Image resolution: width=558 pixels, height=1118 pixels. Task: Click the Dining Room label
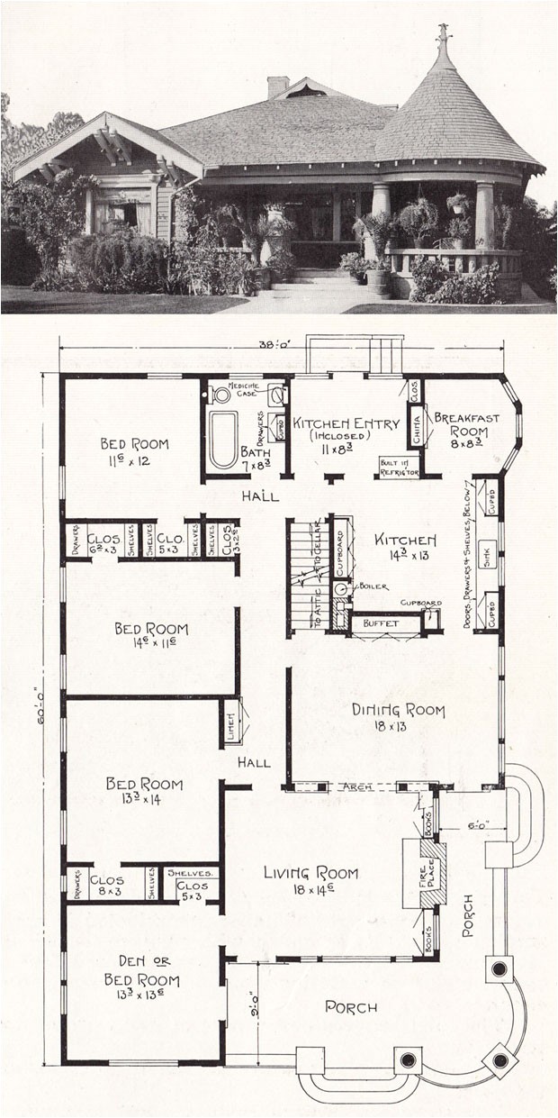(399, 711)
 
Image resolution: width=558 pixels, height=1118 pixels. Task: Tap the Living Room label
(310, 873)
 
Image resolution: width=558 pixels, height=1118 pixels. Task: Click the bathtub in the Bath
(223, 439)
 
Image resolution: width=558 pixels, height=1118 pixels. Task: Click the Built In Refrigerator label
(397, 465)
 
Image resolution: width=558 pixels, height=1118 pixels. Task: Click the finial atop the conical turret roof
(443, 36)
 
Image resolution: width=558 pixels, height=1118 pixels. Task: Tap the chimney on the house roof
(278, 86)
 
